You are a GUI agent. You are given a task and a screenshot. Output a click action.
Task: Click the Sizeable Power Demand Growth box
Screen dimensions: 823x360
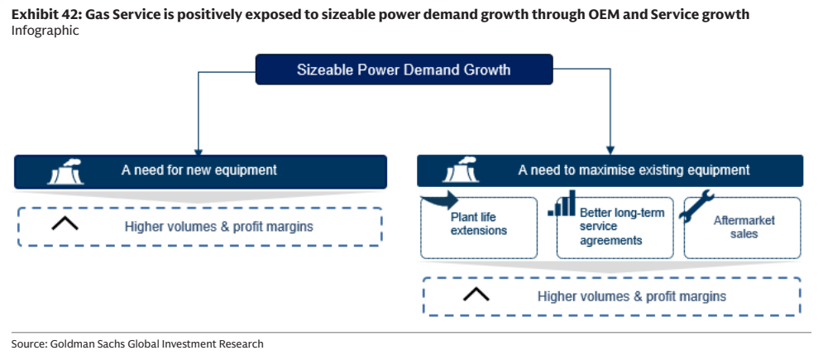(x=404, y=70)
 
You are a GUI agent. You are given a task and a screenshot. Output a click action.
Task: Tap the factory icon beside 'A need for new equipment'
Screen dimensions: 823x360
(x=65, y=171)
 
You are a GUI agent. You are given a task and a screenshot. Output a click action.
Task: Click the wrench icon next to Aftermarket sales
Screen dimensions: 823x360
(x=696, y=205)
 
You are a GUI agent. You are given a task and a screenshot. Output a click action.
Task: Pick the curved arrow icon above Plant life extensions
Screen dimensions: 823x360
(x=439, y=200)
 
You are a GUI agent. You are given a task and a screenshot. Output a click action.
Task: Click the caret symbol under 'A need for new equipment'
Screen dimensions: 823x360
(x=65, y=223)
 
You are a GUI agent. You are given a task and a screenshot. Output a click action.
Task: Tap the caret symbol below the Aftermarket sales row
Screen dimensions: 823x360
(x=476, y=295)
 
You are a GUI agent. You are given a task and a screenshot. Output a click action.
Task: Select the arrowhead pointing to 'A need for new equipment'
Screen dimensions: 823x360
(x=198, y=151)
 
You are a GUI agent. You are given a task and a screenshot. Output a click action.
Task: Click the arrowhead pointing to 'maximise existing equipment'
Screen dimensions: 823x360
(x=610, y=151)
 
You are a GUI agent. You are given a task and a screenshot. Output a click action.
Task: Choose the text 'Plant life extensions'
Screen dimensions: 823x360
(x=479, y=223)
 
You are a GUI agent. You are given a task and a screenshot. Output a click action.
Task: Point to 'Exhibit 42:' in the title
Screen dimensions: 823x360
(x=46, y=15)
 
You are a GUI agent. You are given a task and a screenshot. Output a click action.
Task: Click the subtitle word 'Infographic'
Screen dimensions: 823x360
(x=45, y=31)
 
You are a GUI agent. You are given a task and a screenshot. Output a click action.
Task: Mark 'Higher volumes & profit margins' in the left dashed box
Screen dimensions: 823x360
(x=219, y=227)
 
